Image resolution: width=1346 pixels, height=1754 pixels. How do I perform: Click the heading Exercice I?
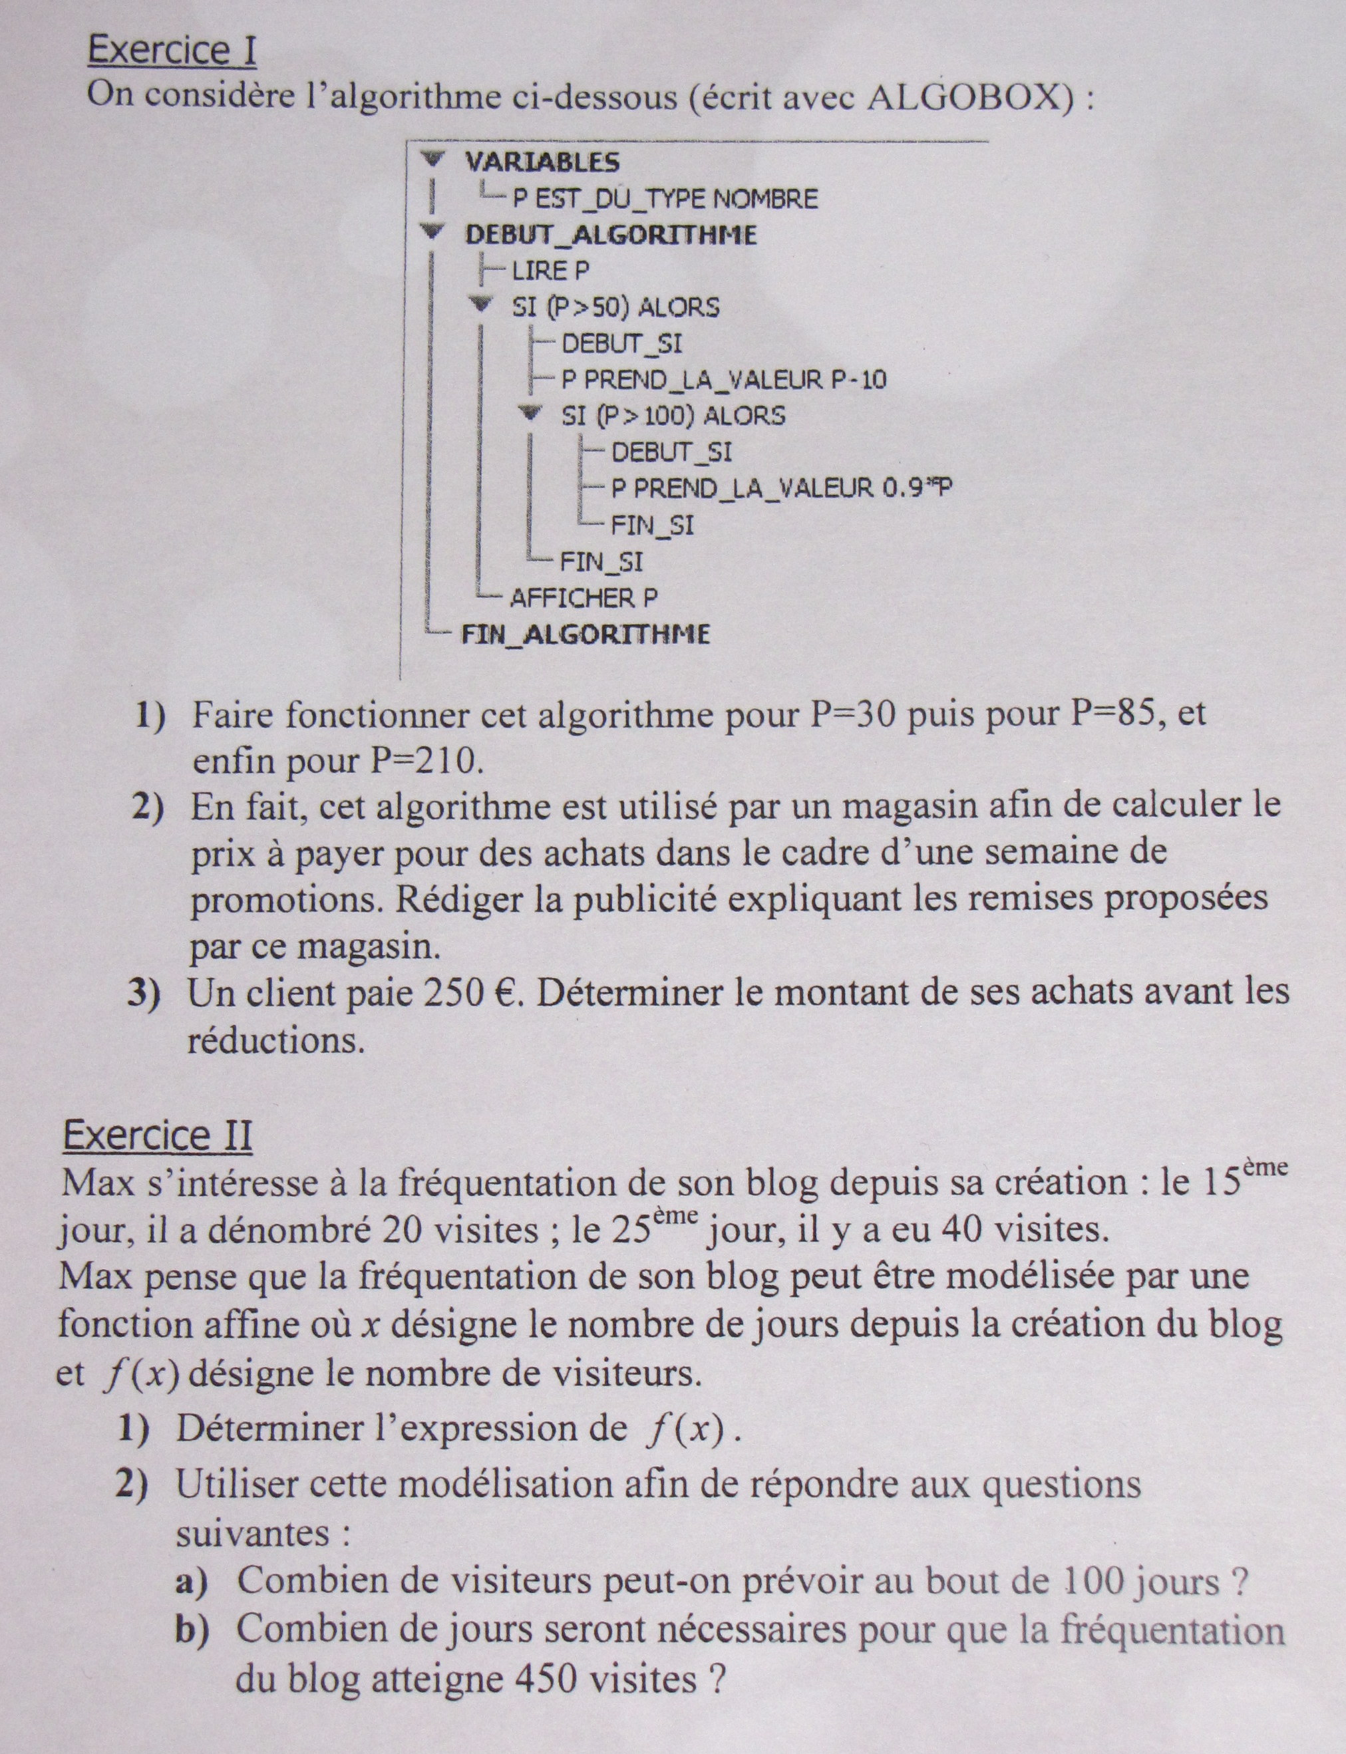click(x=172, y=51)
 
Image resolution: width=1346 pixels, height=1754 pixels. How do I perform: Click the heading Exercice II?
click(x=157, y=1135)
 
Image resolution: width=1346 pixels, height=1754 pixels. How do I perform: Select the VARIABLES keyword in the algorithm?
click(x=542, y=162)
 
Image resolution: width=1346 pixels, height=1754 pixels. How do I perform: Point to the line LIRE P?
click(x=550, y=271)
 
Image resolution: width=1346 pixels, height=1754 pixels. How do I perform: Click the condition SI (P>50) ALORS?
click(x=615, y=307)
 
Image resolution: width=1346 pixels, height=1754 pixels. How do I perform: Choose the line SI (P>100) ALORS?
click(x=673, y=415)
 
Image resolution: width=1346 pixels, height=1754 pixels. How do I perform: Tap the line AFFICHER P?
click(x=584, y=597)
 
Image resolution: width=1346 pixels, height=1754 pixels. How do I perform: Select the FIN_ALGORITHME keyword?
click(x=585, y=635)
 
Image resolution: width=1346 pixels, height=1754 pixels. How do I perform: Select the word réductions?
click(x=275, y=1040)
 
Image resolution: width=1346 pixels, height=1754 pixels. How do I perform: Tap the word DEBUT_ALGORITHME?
click(x=611, y=235)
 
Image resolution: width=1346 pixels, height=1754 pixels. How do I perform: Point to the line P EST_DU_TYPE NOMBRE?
click(x=665, y=199)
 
